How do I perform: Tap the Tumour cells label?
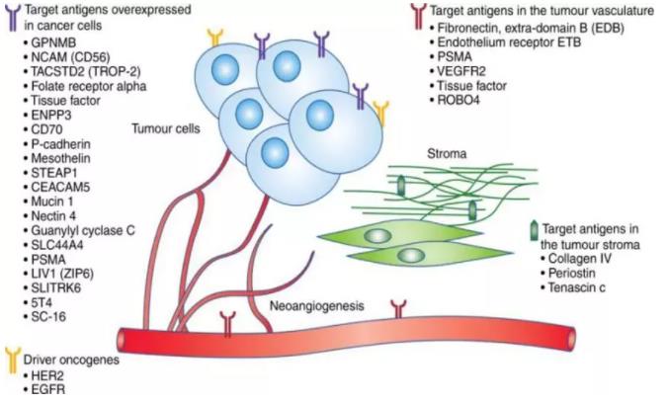coord(165,127)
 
